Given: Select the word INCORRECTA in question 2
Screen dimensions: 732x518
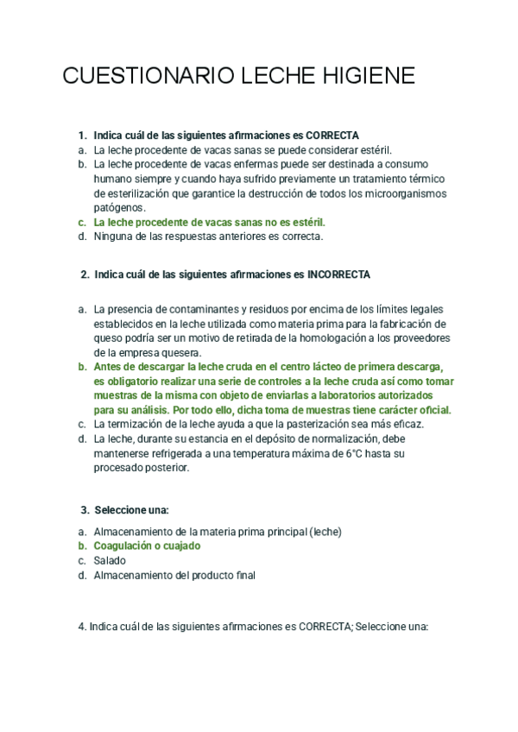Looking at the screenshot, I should coord(339,274).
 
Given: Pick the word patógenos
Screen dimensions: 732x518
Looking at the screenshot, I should coord(120,208).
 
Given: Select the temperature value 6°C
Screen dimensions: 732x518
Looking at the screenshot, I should coord(357,453).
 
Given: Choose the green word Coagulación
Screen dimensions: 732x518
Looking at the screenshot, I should coord(124,546).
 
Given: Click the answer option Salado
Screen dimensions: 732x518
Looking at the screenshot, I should coord(110,560).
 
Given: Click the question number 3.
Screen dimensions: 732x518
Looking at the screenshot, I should coord(85,509).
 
